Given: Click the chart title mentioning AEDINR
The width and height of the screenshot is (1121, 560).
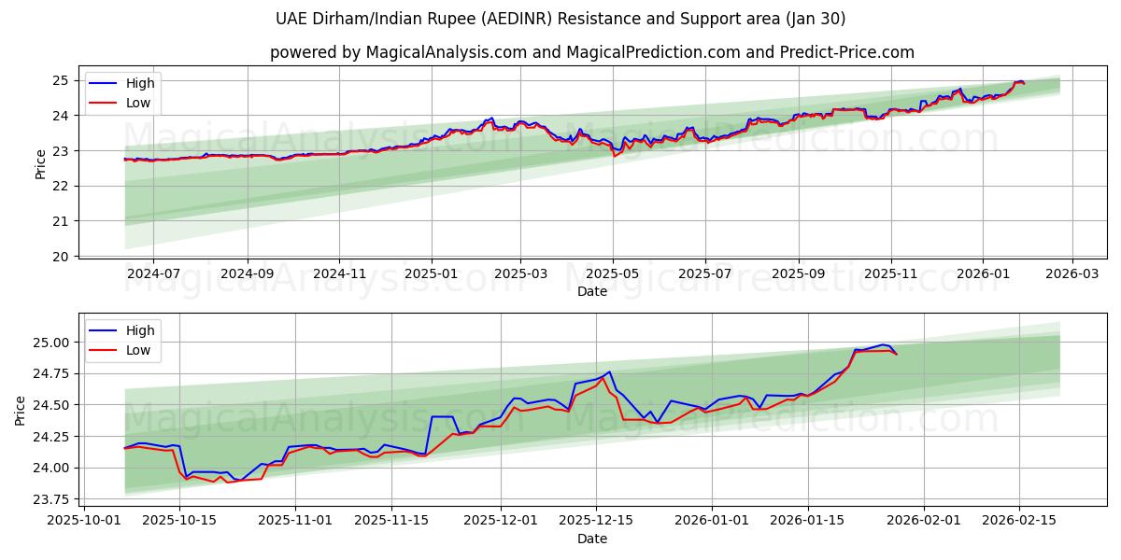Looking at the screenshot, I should coord(560,19).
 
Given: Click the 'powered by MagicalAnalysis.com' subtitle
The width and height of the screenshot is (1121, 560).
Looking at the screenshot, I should coord(591,52).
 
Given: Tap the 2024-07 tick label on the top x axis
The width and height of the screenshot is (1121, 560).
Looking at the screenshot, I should coord(152,273).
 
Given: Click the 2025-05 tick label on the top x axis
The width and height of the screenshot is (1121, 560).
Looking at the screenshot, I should coord(613,273).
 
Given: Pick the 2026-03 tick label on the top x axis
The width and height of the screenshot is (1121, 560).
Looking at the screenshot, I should coord(1071,273).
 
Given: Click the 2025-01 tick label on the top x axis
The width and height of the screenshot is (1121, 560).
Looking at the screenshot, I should coord(431,273).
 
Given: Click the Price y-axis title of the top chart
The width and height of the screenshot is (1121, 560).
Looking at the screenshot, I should coord(40,164).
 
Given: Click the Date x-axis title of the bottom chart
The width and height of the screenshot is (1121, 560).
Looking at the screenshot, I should coord(591,539).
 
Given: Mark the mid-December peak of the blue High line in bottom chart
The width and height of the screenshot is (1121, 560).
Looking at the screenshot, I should coord(609,371).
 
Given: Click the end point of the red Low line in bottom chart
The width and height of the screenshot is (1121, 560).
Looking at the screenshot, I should coord(897,355).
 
